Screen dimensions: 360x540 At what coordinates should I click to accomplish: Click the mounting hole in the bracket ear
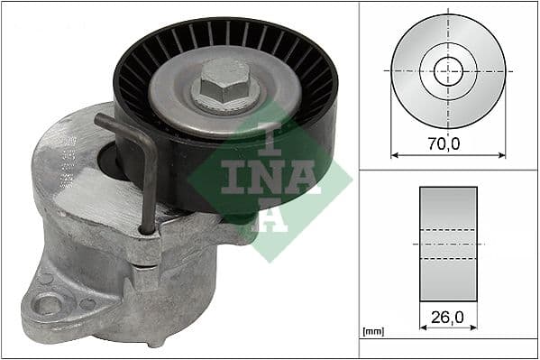(45, 303)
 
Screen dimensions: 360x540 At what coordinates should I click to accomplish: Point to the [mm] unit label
(371, 332)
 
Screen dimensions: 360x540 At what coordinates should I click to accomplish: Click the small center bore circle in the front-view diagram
(447, 70)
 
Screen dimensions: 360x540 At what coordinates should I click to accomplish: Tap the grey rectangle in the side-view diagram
(448, 244)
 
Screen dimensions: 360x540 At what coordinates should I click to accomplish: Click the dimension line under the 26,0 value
(448, 328)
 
